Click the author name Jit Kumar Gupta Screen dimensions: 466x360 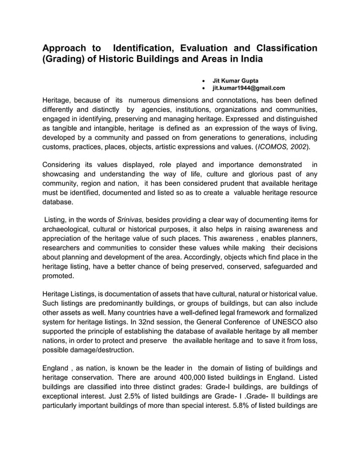point(236,80)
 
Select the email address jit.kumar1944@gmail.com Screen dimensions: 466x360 point(248,88)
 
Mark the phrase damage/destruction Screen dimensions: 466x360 point(87,350)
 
